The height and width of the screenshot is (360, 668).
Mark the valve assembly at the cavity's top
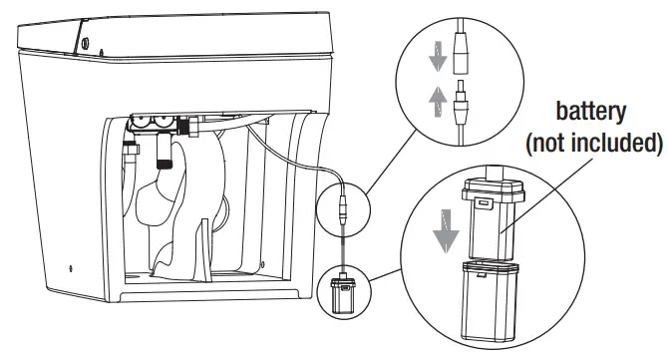click(160, 125)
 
